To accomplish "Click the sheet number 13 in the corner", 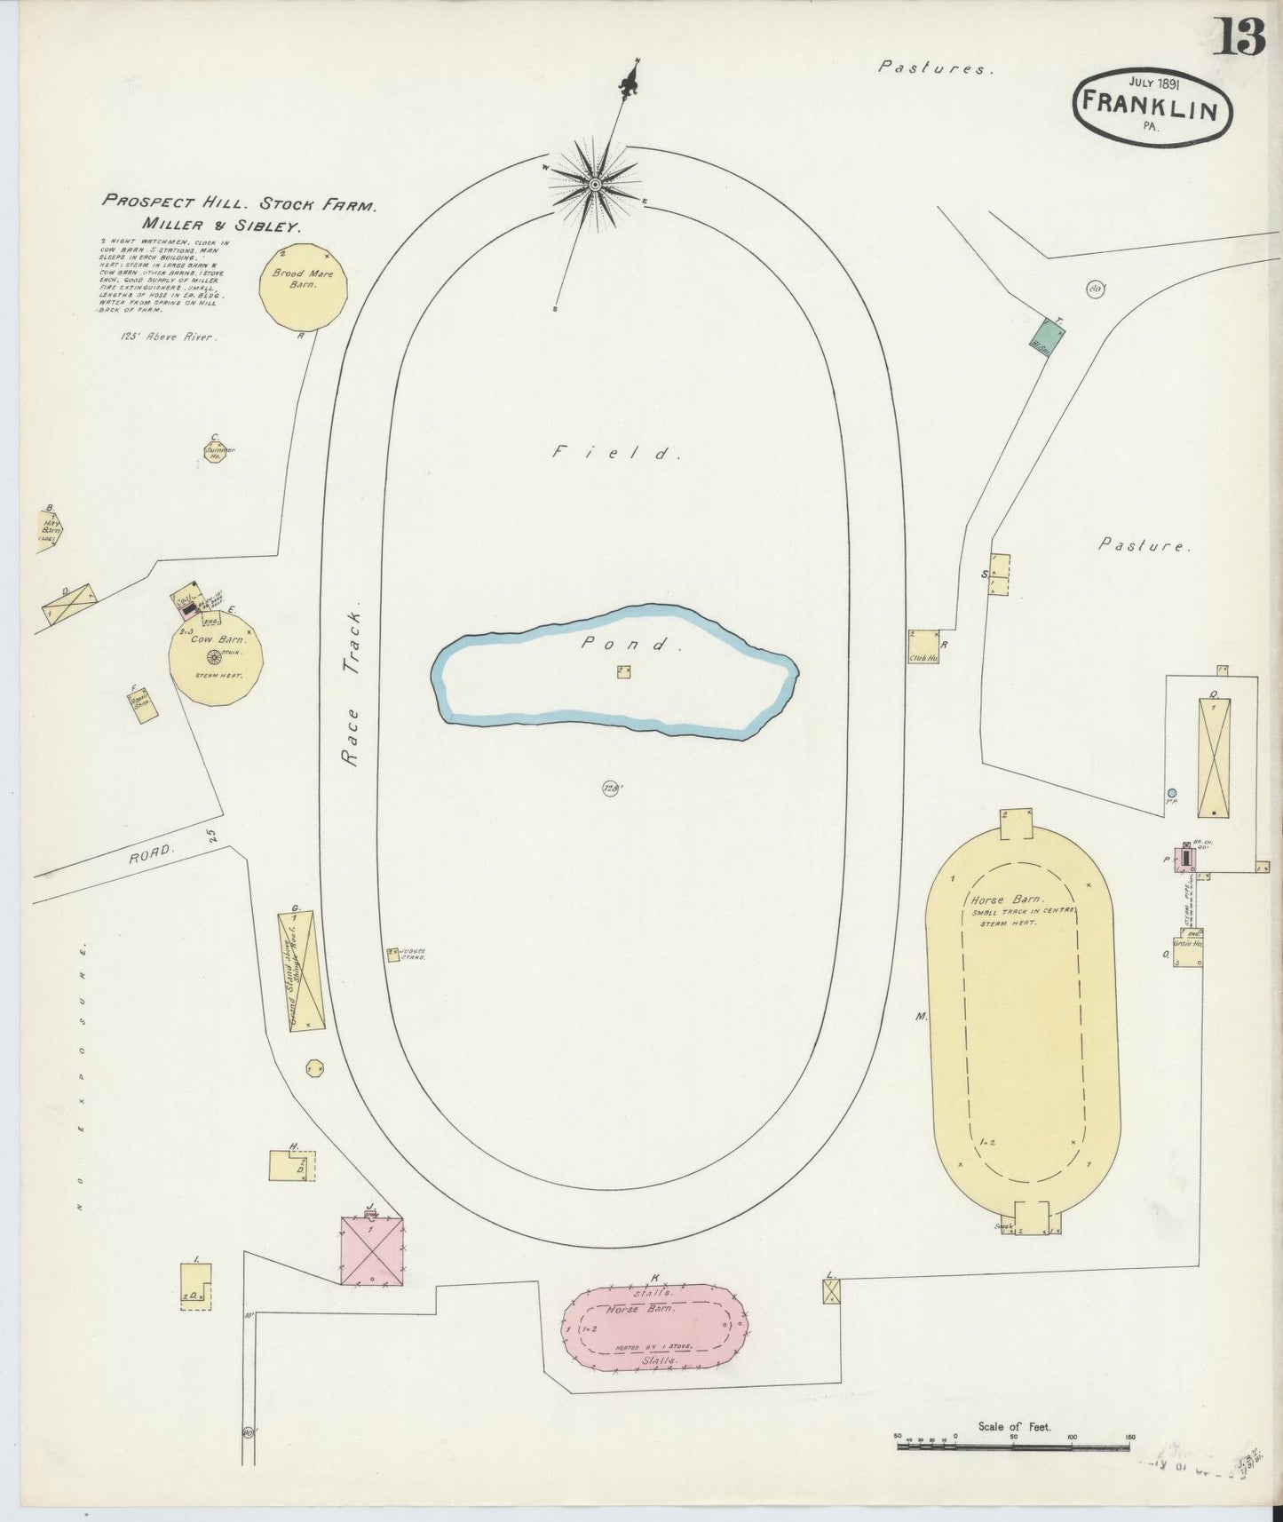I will (1239, 37).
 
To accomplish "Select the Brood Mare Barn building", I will (303, 286).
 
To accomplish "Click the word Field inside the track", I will (616, 453).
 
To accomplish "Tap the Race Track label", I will (350, 688).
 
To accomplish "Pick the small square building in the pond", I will (624, 671).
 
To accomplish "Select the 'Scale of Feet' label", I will (1014, 1426).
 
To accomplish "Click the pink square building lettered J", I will (372, 1251).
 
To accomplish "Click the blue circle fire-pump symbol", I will (1172, 793).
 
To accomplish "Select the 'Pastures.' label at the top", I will (931, 67).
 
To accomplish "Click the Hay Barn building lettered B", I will (49, 531).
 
